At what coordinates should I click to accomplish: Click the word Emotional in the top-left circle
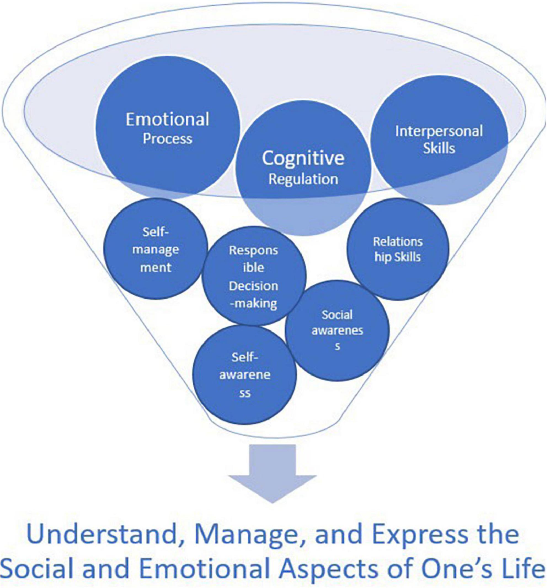click(167, 119)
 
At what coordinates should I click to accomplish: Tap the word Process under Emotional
click(167, 139)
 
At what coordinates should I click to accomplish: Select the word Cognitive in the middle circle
click(303, 158)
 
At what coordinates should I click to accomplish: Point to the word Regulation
click(303, 179)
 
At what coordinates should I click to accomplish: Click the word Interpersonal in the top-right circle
click(439, 131)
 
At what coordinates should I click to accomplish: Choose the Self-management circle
click(155, 249)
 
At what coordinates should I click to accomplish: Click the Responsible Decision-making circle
click(254, 277)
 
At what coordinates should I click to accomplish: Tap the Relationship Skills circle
click(397, 249)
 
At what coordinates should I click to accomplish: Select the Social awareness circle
click(337, 330)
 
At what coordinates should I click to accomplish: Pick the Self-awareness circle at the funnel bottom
click(244, 376)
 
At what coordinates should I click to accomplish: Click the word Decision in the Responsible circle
click(254, 286)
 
